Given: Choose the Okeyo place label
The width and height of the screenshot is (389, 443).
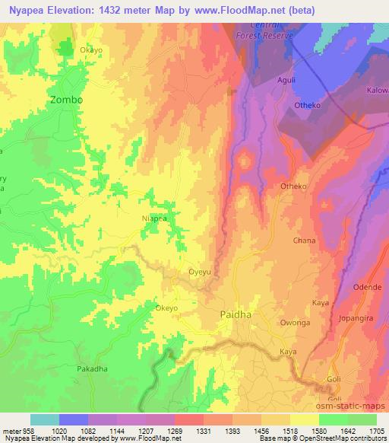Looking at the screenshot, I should pos(166,308).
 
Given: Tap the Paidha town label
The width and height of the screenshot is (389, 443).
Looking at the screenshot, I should pos(235,314).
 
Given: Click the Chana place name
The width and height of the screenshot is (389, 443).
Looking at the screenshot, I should pos(303,240).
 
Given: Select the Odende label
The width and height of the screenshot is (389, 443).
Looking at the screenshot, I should pos(367,287).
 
